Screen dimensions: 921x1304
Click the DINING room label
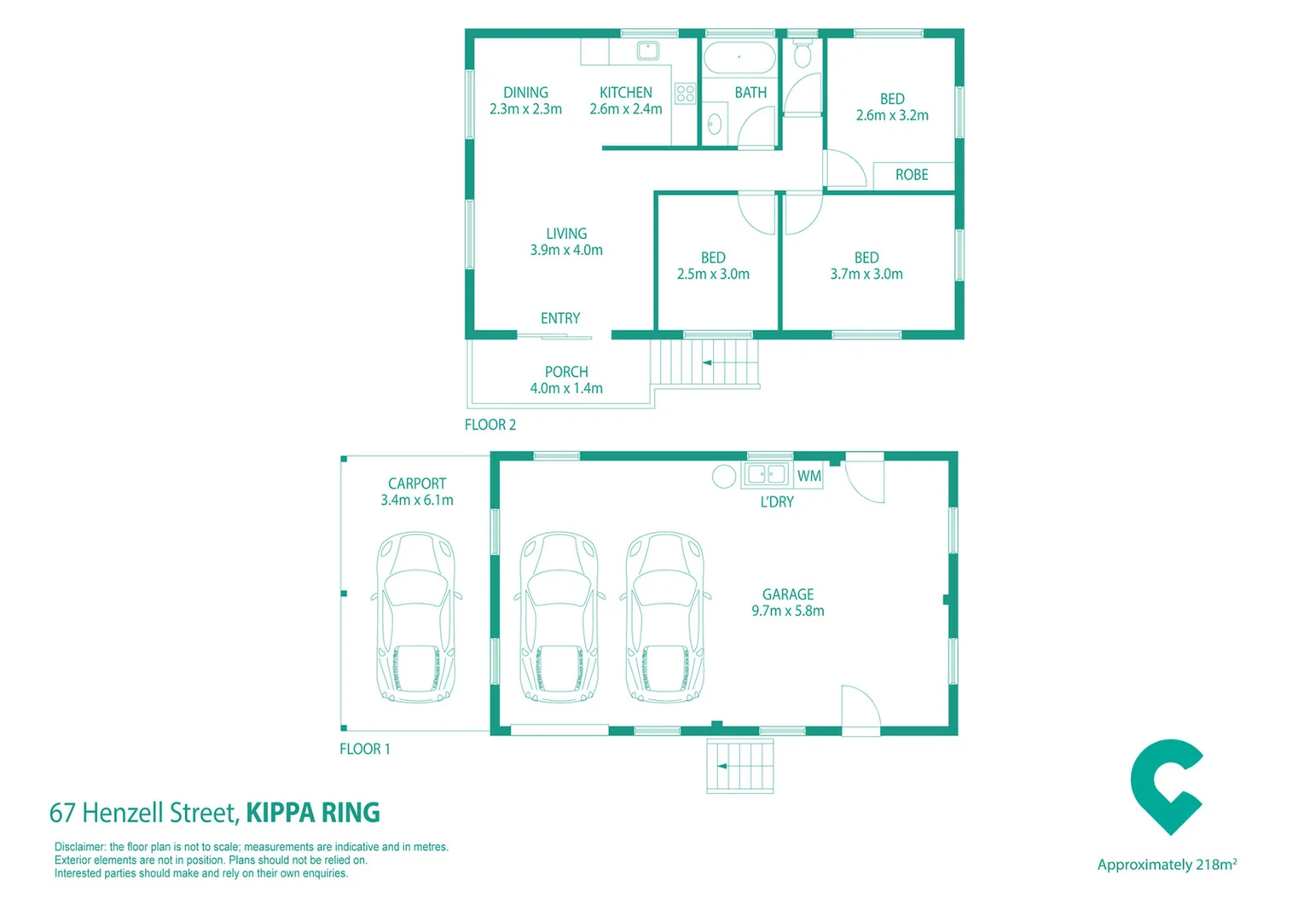[x=525, y=93]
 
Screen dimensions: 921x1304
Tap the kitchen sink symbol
[x=648, y=51]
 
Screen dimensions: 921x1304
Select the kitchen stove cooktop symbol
[x=685, y=93]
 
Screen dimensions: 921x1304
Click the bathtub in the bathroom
[x=739, y=58]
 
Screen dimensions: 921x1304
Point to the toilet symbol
[x=802, y=55]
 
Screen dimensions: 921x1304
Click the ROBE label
[x=911, y=175]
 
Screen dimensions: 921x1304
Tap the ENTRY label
[x=560, y=318]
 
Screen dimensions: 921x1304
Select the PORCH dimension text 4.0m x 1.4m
[x=566, y=388]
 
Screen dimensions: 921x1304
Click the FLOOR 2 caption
[x=490, y=425]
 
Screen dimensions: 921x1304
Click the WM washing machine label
[x=808, y=476]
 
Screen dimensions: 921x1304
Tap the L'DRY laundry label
[x=777, y=502]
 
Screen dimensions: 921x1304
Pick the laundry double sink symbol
[x=766, y=474]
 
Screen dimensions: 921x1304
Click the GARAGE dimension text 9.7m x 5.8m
[x=787, y=611]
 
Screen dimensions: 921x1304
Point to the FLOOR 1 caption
[x=365, y=749]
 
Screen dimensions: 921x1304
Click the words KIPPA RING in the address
[x=313, y=813]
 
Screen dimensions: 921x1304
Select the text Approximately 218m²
[x=1167, y=865]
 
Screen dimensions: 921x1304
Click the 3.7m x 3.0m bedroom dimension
[x=866, y=274]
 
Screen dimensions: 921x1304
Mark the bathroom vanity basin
[x=715, y=125]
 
